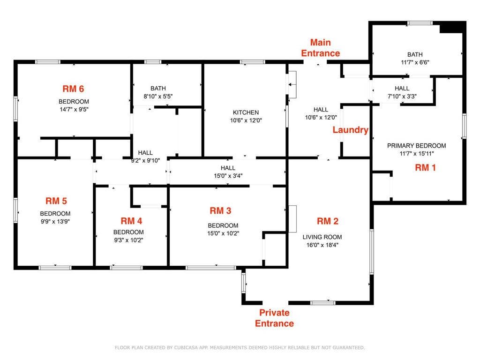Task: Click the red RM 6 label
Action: pos(73,89)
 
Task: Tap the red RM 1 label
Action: pos(425,167)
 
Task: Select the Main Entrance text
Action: pos(321,48)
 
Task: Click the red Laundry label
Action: pos(351,130)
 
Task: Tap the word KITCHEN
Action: pos(246,112)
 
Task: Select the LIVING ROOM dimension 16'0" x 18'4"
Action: pos(322,245)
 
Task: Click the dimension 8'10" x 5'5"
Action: pos(158,96)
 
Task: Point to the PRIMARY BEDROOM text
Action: pos(416,146)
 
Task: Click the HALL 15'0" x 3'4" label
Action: pos(228,172)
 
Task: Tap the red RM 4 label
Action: pos(131,221)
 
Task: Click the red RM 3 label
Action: pos(220,210)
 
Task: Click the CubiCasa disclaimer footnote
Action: pos(240,347)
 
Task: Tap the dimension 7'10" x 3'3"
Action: pos(402,96)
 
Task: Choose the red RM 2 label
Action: pos(328,221)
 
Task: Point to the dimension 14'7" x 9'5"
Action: pos(74,109)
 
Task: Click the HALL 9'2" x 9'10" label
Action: pos(145,156)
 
